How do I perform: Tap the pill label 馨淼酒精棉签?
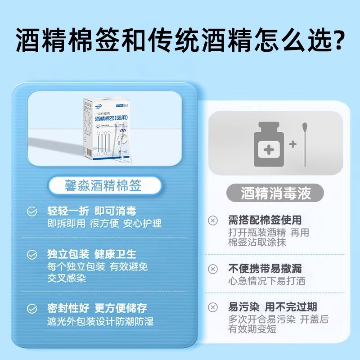(x=103, y=186)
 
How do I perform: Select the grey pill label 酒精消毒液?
(x=276, y=193)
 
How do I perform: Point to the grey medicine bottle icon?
(x=269, y=144)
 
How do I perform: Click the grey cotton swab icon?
(x=305, y=144)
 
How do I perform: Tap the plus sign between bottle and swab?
(x=293, y=144)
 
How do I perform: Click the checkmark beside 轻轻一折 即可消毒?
(x=32, y=211)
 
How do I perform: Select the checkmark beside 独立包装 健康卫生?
(x=32, y=255)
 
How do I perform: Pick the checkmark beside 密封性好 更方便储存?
(x=32, y=309)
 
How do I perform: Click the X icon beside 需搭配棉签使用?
(x=212, y=220)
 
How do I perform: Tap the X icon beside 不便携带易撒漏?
(x=212, y=269)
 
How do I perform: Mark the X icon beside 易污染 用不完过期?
(x=212, y=308)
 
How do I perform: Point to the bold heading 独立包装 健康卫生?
(x=92, y=254)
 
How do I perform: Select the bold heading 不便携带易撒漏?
(x=265, y=269)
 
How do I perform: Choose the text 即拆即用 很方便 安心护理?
(x=104, y=223)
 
